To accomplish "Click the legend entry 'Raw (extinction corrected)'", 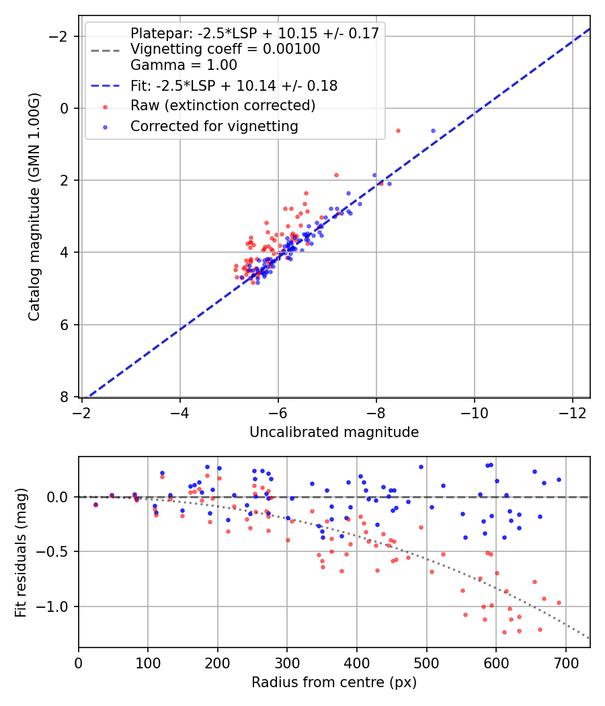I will [223, 106].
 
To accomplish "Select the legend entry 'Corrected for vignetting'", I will [214, 126].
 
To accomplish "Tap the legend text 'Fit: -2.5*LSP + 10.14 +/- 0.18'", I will [234, 85].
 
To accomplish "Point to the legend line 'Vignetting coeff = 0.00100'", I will [225, 49].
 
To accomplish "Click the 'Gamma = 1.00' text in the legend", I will [184, 65].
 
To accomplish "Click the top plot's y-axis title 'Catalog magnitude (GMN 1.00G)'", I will [34, 207].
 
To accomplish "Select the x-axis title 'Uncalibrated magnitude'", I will [334, 432].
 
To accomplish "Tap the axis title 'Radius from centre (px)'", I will [334, 682].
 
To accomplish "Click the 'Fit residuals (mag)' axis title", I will [21, 552].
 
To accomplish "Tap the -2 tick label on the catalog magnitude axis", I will [63, 36].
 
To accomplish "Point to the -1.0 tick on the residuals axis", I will [57, 606].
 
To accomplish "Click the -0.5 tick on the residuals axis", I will [57, 551].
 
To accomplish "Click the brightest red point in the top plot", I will [398, 130].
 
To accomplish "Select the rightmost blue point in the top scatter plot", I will [433, 130].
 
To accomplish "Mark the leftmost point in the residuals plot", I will [95, 504].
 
